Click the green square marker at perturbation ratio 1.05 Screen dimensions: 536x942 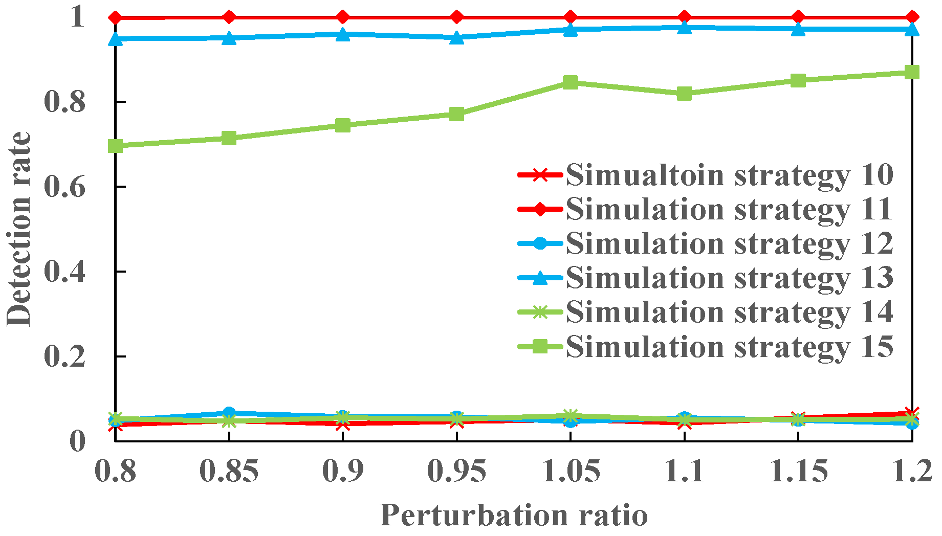point(571,82)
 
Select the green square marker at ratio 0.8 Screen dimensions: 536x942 point(116,146)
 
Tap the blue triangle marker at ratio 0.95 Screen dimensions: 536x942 point(456,37)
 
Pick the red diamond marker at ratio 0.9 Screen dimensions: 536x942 point(343,17)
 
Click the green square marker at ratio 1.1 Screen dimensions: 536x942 point(684,94)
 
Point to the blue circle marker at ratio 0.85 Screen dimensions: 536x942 point(229,412)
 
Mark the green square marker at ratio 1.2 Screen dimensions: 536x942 point(912,72)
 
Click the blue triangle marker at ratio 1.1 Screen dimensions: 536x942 point(684,27)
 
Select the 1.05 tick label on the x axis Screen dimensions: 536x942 point(571,471)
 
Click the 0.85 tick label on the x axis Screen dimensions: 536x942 point(229,471)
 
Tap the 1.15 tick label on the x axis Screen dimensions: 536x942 point(798,471)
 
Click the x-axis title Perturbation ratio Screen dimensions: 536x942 point(514,515)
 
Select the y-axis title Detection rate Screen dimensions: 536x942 point(19,229)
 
